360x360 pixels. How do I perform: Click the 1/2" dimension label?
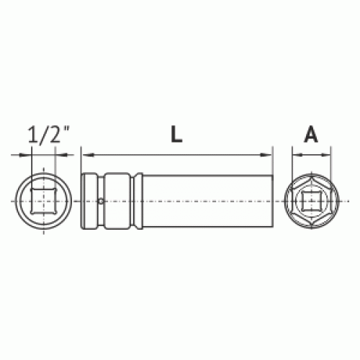point(49,135)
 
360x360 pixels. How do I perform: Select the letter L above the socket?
point(176,135)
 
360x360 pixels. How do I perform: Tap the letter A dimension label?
point(311,135)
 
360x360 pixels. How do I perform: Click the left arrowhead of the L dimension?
point(87,155)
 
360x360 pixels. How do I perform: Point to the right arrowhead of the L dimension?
point(266,155)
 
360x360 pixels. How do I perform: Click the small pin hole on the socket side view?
point(102,201)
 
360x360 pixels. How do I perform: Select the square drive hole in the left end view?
point(43,201)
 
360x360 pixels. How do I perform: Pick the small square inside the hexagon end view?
point(311,201)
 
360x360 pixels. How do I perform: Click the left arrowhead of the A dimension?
point(297,156)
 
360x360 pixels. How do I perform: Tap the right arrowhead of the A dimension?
point(325,156)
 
